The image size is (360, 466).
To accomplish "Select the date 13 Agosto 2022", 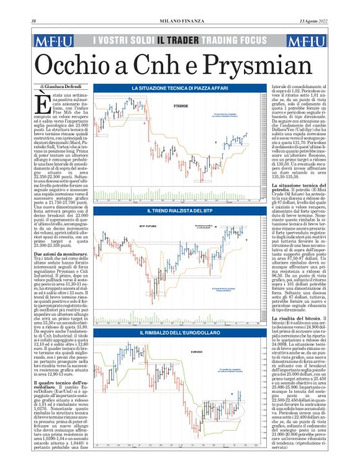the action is pyautogui.click(x=313, y=23).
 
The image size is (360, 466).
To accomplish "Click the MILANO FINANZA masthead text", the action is pyautogui.click(x=179, y=23).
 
